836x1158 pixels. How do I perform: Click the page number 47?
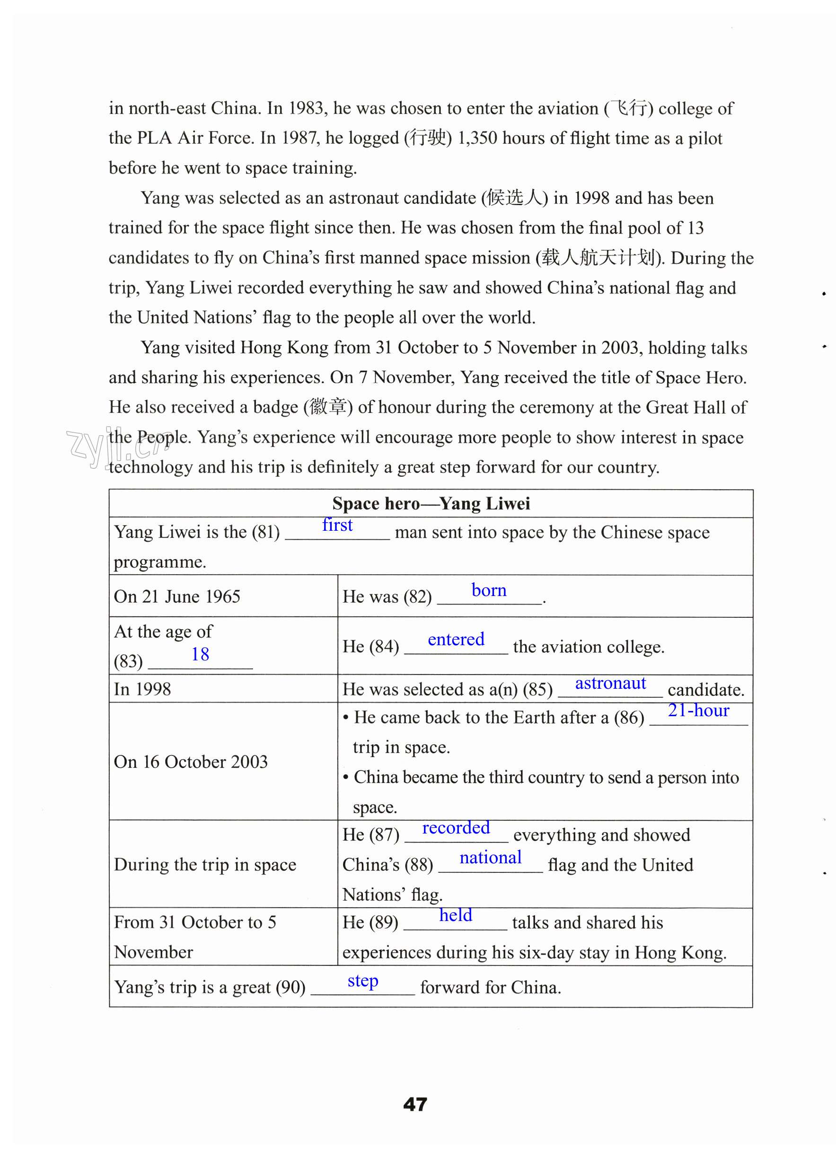(x=414, y=1104)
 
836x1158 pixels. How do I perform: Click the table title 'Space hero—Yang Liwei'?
(x=431, y=503)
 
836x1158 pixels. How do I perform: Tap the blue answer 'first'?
(x=337, y=525)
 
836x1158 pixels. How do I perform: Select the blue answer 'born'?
(x=489, y=590)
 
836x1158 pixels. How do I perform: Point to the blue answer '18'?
(x=200, y=654)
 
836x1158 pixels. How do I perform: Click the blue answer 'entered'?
(x=456, y=639)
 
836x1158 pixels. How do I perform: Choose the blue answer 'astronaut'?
(x=610, y=683)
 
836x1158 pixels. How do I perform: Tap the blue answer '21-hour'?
(x=698, y=710)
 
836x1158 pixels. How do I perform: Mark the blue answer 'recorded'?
(x=456, y=827)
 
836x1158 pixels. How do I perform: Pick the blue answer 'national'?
(x=490, y=857)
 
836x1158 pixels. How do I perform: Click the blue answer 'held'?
(x=456, y=915)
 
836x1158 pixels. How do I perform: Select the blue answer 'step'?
(x=362, y=981)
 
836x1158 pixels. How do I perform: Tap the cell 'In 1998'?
(x=142, y=689)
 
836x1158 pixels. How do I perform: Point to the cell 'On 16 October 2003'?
(x=191, y=762)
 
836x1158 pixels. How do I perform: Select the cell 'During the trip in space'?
(x=205, y=864)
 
